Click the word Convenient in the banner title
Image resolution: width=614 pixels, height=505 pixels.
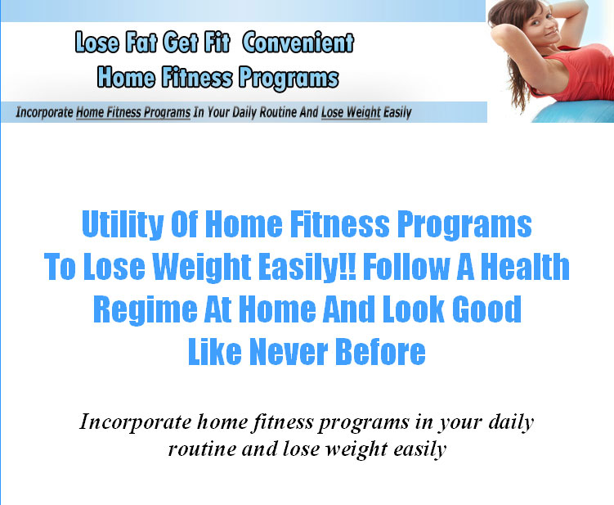(298, 43)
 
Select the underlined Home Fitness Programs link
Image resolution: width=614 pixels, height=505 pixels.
(133, 112)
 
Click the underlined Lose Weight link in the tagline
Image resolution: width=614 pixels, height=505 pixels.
(351, 112)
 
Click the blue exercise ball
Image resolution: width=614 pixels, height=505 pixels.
(576, 111)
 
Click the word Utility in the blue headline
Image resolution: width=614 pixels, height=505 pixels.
(123, 224)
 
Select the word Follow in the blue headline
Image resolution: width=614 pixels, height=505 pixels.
(406, 266)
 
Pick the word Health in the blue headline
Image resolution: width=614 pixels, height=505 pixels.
(525, 266)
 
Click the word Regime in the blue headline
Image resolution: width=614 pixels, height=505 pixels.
(146, 309)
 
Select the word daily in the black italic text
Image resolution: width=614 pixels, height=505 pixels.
(512, 422)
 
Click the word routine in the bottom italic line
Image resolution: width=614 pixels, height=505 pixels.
(202, 449)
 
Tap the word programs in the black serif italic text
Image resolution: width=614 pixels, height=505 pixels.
(363, 423)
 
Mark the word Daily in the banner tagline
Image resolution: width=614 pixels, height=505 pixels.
(244, 112)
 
